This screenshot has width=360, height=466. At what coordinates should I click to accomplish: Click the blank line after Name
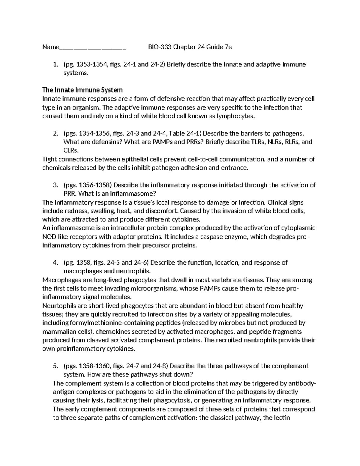(x=93, y=48)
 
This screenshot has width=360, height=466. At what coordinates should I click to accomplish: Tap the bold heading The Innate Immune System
(x=82, y=90)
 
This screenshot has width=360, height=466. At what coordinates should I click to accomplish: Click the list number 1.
(x=55, y=65)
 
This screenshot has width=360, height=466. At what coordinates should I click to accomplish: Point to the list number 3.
(x=55, y=185)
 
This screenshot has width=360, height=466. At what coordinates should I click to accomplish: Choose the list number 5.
(x=55, y=366)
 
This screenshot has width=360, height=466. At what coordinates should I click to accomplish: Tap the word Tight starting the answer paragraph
(x=50, y=159)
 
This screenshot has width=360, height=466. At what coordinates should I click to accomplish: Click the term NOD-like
(x=54, y=237)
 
